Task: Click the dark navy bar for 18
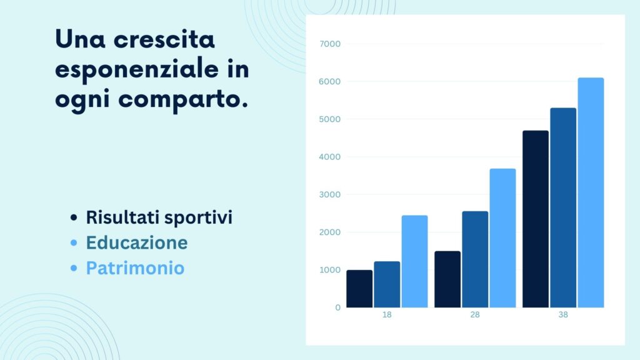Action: (359, 289)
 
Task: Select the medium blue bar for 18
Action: (387, 284)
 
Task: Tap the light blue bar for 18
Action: (414, 261)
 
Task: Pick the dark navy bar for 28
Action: (447, 279)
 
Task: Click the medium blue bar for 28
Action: (475, 259)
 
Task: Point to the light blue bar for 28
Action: (502, 238)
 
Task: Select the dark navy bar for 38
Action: (536, 219)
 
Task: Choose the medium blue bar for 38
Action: (563, 207)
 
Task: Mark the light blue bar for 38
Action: (591, 192)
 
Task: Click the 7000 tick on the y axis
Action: (329, 44)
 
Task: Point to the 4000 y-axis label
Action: (329, 157)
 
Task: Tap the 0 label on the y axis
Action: (337, 307)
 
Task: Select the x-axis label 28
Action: (475, 315)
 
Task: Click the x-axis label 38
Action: (563, 315)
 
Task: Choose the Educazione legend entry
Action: (136, 242)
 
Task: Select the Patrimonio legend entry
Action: (135, 268)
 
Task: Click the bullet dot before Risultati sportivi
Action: (74, 218)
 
